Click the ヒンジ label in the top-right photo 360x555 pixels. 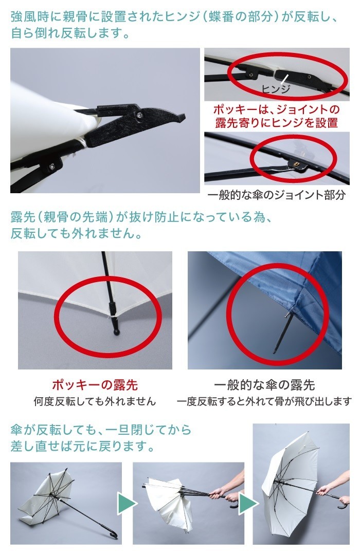[276, 88]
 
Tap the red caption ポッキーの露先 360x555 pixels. [95, 384]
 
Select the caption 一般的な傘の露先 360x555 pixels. [264, 384]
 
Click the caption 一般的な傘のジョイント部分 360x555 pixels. [277, 195]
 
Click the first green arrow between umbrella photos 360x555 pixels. [127, 503]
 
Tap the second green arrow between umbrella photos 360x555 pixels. [247, 503]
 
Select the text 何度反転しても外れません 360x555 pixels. [95, 401]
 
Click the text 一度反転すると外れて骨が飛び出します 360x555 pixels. [264, 401]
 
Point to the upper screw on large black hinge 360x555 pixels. [139, 117]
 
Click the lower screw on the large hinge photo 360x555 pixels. [52, 166]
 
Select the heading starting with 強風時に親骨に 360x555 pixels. [175, 18]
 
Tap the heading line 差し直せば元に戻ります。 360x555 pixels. [82, 446]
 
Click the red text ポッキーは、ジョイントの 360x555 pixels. [277, 110]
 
